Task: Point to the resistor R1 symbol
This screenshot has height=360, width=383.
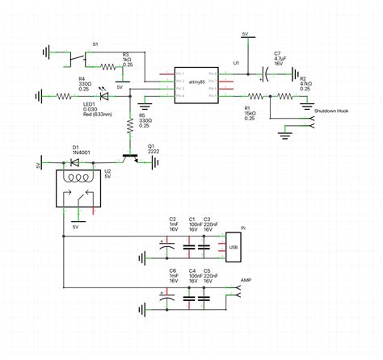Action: (x=248, y=96)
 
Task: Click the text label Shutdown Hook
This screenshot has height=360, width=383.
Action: (x=330, y=111)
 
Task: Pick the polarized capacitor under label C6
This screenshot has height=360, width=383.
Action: (x=167, y=299)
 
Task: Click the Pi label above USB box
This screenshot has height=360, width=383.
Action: (x=242, y=228)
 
